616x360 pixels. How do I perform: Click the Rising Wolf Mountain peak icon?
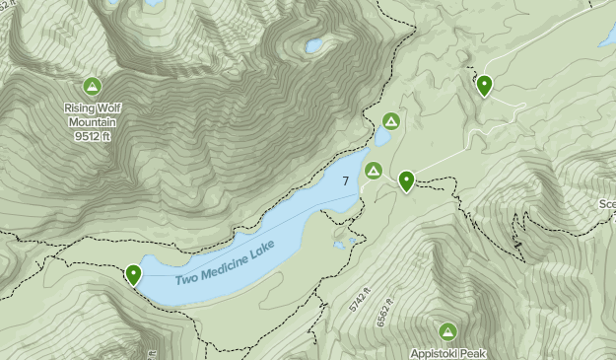tap(93, 87)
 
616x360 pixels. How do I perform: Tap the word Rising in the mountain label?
tap(78, 108)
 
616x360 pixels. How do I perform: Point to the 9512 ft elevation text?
tap(93, 136)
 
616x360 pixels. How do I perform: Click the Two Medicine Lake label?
tap(226, 263)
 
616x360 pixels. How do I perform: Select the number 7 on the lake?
tap(346, 181)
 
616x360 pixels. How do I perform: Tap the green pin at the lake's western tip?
tap(133, 274)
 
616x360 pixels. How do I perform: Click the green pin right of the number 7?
tap(406, 180)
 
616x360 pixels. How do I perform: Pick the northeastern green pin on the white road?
tap(484, 86)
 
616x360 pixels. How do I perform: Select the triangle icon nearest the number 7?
tap(374, 171)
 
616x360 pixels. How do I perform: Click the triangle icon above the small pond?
tap(391, 121)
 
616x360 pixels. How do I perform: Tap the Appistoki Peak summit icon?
tap(448, 330)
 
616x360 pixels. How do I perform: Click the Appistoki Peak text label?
tap(448, 352)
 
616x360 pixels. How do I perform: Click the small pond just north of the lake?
tap(382, 137)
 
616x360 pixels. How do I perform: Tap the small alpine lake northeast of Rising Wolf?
tap(314, 45)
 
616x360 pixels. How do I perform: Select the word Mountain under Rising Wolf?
tap(93, 122)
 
